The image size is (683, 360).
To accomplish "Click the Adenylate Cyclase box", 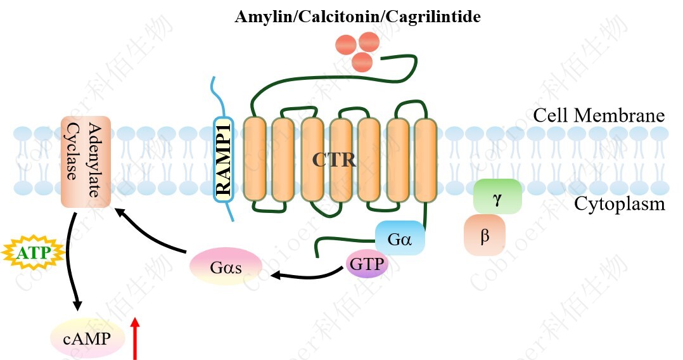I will click(86, 162).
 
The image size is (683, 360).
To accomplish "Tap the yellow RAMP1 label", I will click(223, 159).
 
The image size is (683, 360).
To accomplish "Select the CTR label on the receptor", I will click(334, 160).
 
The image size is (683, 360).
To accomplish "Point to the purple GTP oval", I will click(367, 263).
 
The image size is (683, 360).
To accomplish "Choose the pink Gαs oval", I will click(226, 267).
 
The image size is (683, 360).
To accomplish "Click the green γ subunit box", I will click(497, 196).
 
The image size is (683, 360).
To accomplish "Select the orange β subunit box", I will click(485, 235).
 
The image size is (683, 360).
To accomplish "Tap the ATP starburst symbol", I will click(34, 254).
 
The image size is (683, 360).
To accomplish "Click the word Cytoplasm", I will click(619, 204).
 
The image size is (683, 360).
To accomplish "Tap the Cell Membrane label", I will click(598, 116).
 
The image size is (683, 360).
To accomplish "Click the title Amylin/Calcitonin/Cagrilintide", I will click(357, 16).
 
